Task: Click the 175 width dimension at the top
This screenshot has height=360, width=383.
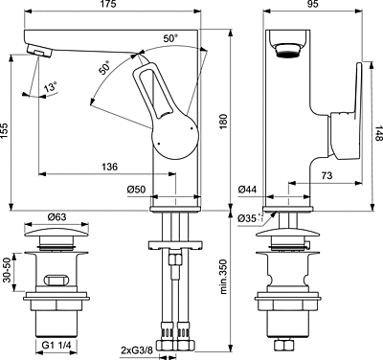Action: (x=109, y=4)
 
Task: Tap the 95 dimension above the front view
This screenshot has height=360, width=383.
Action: (x=313, y=4)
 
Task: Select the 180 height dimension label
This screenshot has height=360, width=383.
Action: (x=223, y=121)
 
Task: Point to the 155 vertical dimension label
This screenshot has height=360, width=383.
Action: (x=4, y=131)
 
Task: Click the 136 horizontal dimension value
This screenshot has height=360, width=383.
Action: (x=109, y=167)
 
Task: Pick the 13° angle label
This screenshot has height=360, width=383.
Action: (x=51, y=86)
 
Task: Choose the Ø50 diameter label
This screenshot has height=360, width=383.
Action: (x=136, y=190)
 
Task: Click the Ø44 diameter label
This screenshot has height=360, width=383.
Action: (x=247, y=190)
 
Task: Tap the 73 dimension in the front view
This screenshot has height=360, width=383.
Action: (x=327, y=175)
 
